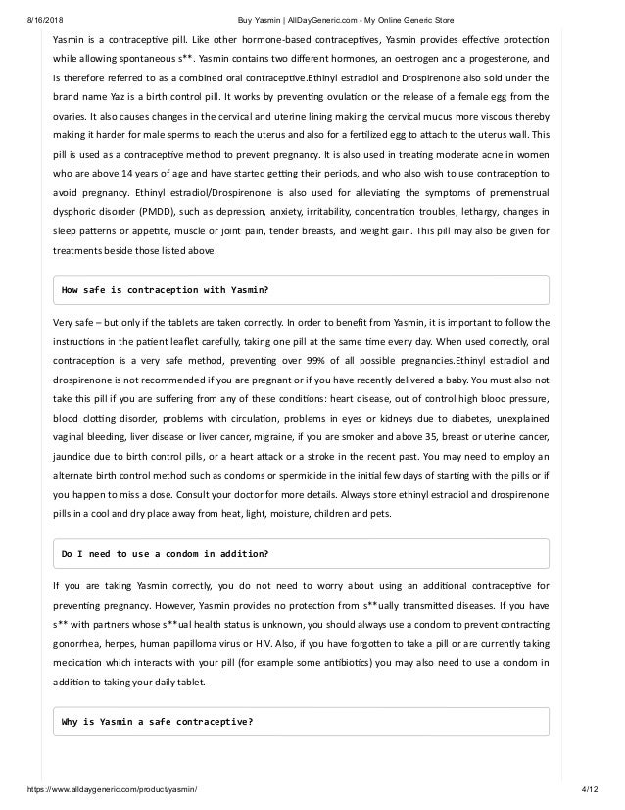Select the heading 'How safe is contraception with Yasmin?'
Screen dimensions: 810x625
point(166,290)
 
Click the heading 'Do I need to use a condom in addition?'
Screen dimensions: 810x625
point(165,553)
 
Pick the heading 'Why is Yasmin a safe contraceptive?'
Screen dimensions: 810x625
point(157,722)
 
